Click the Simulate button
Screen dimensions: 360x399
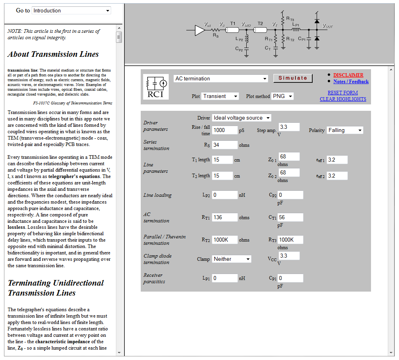[x=293, y=78]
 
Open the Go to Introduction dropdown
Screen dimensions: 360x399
[x=71, y=11]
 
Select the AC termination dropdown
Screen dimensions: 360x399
[x=221, y=79]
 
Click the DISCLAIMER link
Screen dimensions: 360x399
[x=348, y=75]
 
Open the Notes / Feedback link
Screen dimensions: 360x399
[x=351, y=82]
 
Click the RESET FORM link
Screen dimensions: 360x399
[x=343, y=93]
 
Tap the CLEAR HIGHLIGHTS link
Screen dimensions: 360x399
[x=343, y=99]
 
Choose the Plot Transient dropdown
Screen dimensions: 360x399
[x=220, y=96]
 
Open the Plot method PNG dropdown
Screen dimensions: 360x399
[x=282, y=96]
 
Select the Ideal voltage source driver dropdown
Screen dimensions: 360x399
[x=241, y=118]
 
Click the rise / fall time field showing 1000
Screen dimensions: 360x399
[x=224, y=130]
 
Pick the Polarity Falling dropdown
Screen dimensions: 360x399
[x=345, y=130]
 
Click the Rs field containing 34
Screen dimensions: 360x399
[x=224, y=145]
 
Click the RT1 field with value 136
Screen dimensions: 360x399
[x=224, y=218]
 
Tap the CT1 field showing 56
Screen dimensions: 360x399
[x=290, y=218]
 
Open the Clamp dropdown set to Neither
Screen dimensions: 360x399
[x=231, y=259]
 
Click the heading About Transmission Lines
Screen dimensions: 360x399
[x=53, y=54]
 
